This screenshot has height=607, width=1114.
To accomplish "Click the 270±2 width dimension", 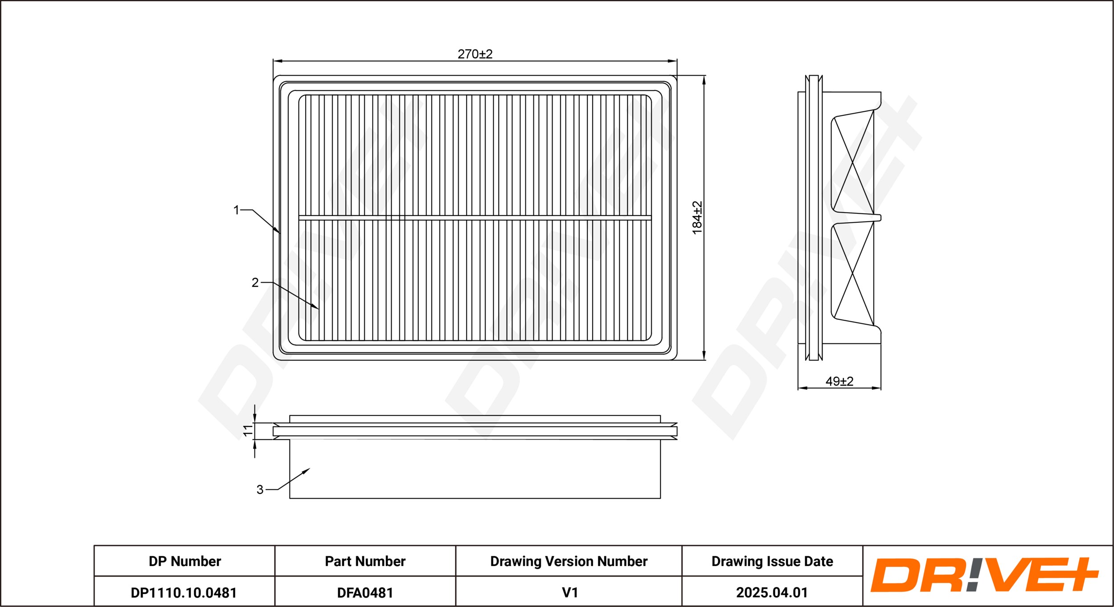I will coord(475,54).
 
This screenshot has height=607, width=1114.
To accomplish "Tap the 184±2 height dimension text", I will coord(697,218).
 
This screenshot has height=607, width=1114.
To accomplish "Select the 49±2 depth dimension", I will coord(840,381).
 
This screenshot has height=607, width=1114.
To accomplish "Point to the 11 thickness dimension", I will coord(248,431).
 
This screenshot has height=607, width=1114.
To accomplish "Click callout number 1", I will coord(236,210).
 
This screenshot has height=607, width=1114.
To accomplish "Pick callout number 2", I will coord(255,282).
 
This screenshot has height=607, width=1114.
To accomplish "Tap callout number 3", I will coord(260,490).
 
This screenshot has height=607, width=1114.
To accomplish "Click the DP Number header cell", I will coord(184,561).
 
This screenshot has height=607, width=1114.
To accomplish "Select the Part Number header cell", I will coord(365,561).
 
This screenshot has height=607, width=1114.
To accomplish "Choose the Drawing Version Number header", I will coord(569,561).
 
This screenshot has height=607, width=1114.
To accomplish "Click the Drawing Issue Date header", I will coord(772,561).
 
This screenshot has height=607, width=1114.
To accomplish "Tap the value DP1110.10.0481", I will coord(184,593).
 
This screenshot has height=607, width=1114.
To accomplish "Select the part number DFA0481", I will coord(365,593).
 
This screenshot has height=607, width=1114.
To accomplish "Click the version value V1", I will coord(569,593).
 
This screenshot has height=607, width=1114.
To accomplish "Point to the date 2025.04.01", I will coord(772,593).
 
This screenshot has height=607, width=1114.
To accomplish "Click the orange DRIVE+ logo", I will coord(984,575).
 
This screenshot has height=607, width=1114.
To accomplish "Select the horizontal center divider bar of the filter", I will coord(475,218).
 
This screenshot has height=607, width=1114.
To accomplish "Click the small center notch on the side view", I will coord(877,218).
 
